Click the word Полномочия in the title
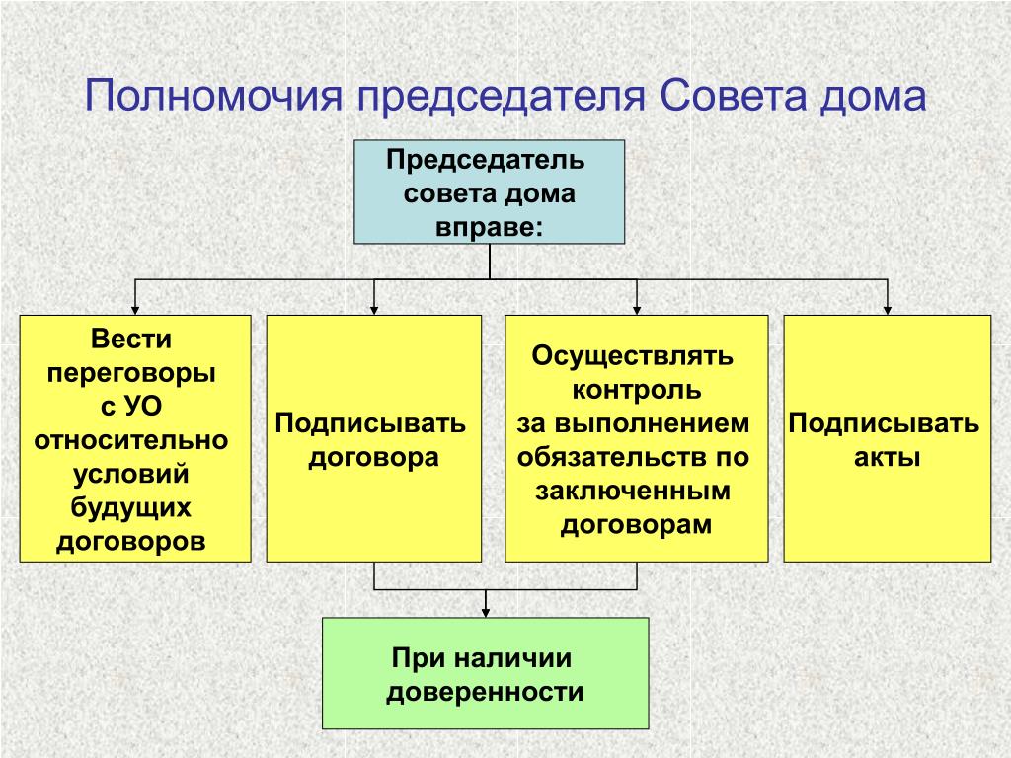coord(213,97)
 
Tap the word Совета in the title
coord(734,96)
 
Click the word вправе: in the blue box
coord(489,228)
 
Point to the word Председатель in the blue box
coord(486,160)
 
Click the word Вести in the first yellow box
coord(131,340)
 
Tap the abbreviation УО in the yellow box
coord(142,407)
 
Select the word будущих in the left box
coord(131,508)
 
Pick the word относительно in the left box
coord(131,441)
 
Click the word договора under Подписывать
coord(374,458)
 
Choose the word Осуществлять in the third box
coord(633,356)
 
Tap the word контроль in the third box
coord(637,390)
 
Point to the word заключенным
coord(633,492)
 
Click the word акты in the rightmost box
coord(888,458)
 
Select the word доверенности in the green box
coord(485,693)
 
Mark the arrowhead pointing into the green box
coord(486,612)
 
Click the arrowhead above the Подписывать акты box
coord(888,309)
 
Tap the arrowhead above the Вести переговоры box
coord(135,309)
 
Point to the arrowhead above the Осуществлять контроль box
coord(637,309)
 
